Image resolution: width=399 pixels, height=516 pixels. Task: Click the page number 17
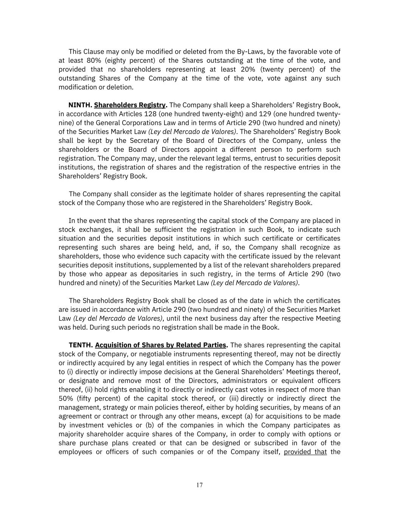click(x=199, y=485)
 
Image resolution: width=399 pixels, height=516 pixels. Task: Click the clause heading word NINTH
click(x=80, y=105)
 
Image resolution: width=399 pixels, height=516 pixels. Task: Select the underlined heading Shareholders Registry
click(x=130, y=105)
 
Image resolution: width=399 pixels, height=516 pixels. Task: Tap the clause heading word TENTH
click(x=81, y=345)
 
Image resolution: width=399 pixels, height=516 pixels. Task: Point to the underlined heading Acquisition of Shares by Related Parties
click(x=161, y=345)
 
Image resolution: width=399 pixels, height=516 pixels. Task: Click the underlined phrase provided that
click(x=305, y=452)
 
